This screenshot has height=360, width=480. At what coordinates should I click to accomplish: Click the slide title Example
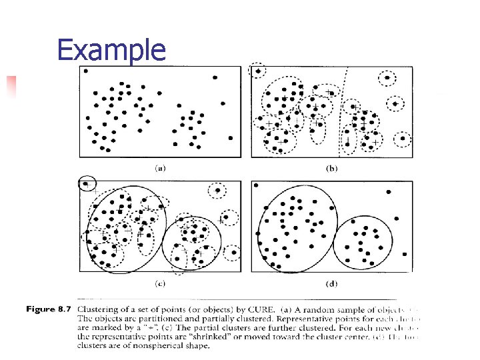point(111,50)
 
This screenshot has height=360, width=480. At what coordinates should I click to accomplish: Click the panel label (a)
point(160,168)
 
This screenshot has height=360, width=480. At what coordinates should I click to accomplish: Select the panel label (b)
point(331,168)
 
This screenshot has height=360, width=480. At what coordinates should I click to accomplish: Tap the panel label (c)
point(160,284)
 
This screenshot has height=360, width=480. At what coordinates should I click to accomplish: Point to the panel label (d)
point(331,284)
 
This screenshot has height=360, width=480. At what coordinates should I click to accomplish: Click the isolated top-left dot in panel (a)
point(86,71)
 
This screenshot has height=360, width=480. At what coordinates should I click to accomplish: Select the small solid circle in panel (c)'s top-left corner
point(87,183)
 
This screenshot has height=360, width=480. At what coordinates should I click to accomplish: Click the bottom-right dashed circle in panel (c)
point(233,253)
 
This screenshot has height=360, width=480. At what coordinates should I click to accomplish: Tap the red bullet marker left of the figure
point(11,86)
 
